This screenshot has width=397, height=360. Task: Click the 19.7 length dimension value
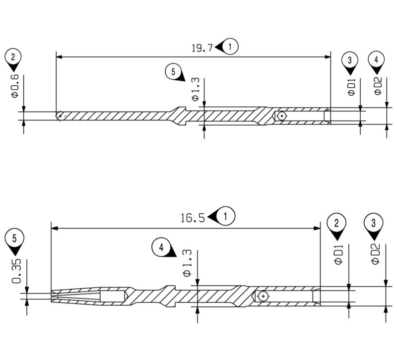coord(202,48)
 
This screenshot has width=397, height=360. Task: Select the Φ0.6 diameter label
coord(15,85)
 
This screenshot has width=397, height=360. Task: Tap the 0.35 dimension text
coord(16,273)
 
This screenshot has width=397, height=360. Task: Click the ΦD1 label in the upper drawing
coord(351,86)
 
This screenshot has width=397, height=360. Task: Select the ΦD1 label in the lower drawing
coord(339,253)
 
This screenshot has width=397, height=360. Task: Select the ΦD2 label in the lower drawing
coord(376,253)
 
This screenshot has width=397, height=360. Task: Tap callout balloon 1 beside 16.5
coord(226,217)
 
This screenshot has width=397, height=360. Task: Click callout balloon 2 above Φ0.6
coord(12,56)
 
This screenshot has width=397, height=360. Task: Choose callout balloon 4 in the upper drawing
coord(377,60)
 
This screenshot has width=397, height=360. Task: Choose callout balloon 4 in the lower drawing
coord(161,246)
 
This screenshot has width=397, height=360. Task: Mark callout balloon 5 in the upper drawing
coord(173,71)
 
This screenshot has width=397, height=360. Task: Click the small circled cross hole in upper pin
coord(281,116)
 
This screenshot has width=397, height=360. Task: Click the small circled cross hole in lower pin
coord(263,296)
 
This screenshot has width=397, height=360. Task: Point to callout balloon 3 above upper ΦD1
coord(350,60)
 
